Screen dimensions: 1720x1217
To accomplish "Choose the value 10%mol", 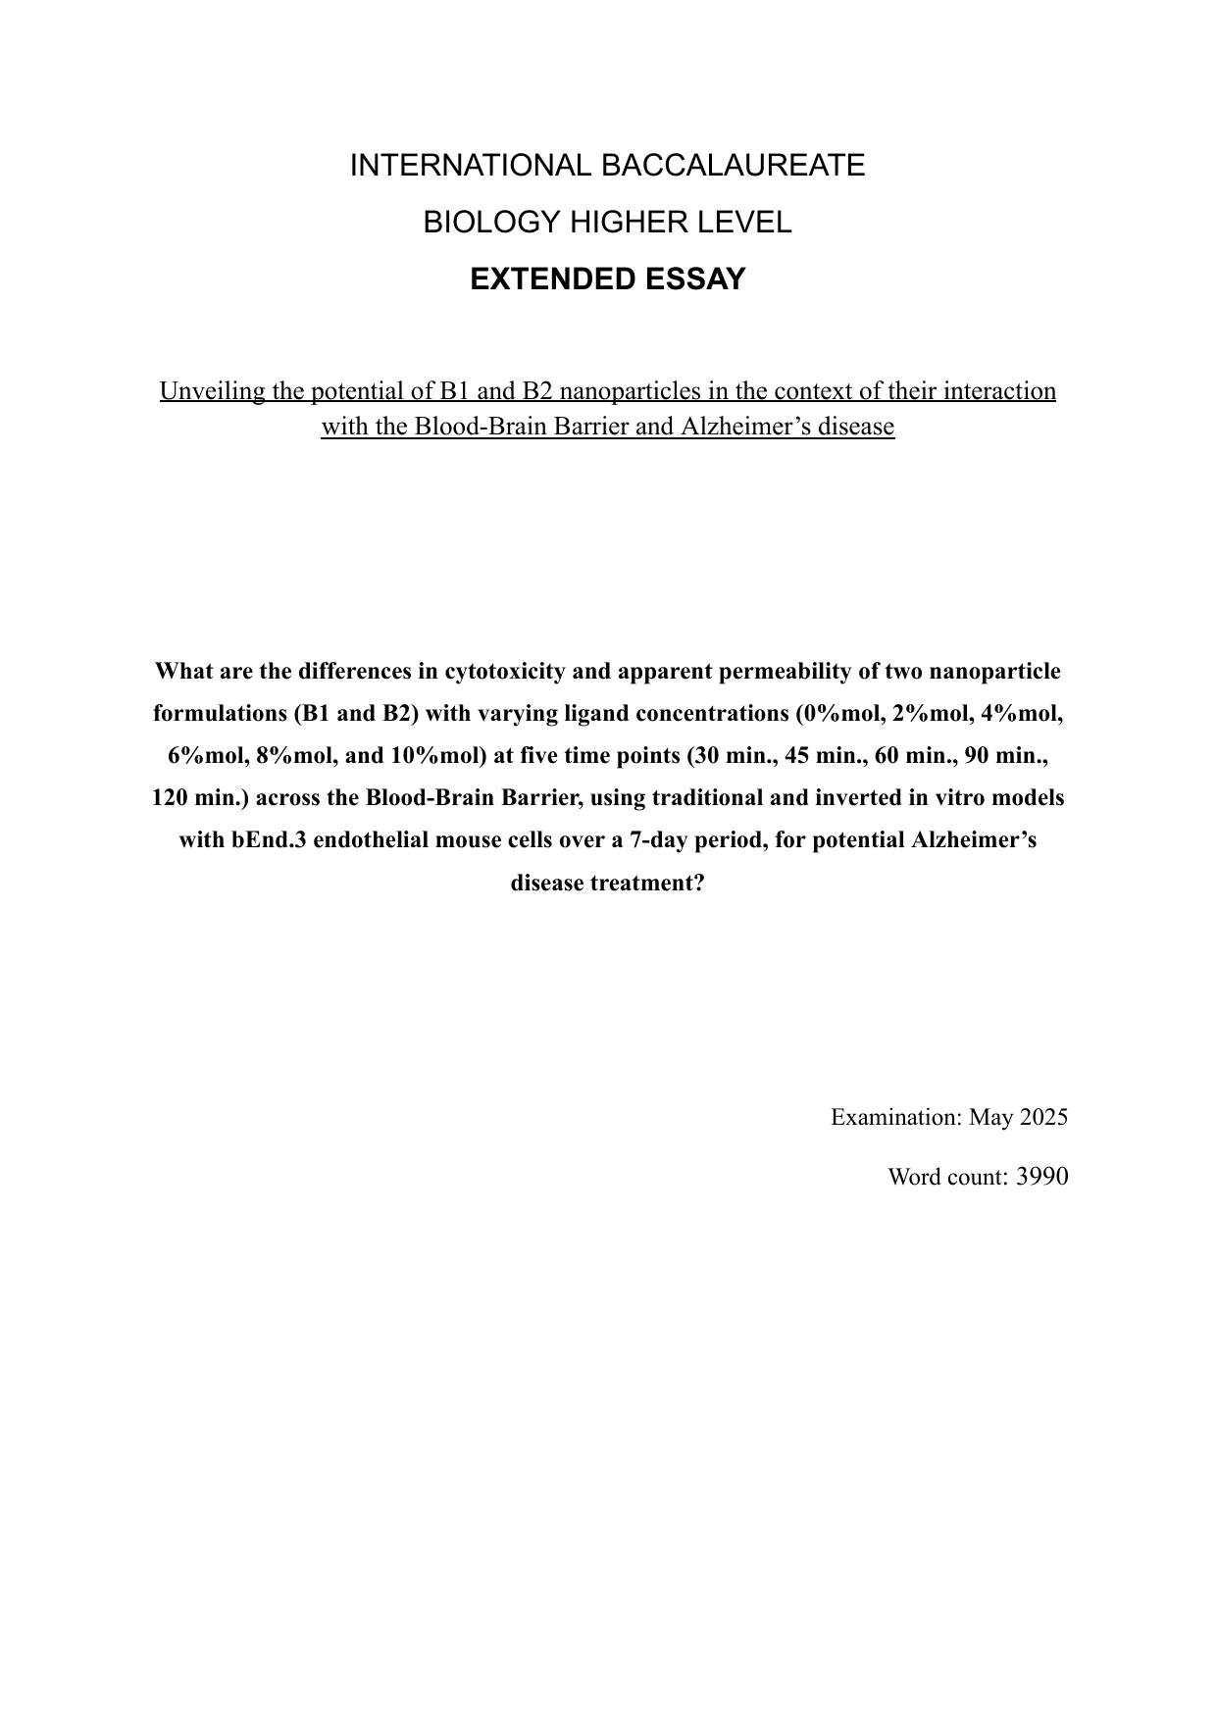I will pos(438,756).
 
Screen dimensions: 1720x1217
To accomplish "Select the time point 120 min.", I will pos(204,798).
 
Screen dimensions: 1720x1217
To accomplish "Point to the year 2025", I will pos(1043,1117).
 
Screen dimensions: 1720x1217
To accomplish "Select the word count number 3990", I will pos(1041,1176).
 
